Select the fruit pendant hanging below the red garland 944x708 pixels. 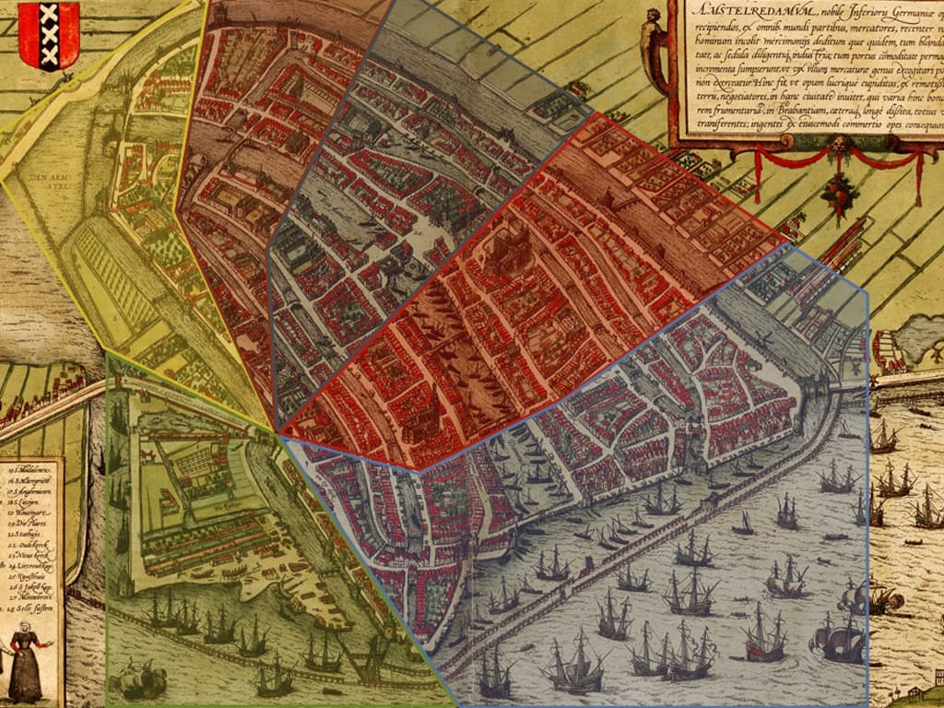click(x=838, y=195)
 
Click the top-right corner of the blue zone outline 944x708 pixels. click(x=867, y=290)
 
